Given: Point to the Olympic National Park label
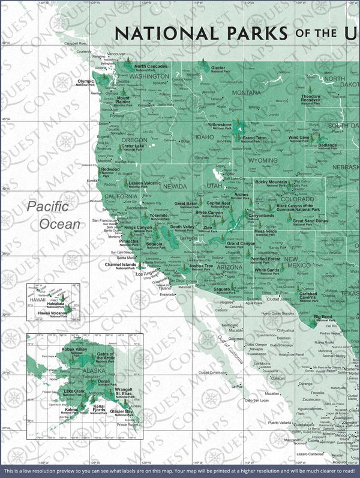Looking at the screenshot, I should pyautogui.click(x=85, y=82).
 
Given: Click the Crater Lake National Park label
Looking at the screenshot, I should pyautogui.click(x=132, y=147).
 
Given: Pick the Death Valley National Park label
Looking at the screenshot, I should pyautogui.click(x=182, y=228).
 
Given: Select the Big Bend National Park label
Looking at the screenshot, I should pyautogui.click(x=323, y=317).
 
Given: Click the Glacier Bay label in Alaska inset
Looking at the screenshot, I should pyautogui.click(x=122, y=413).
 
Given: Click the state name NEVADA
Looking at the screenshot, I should pyautogui.click(x=175, y=186).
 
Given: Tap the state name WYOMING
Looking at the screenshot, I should pyautogui.click(x=263, y=160).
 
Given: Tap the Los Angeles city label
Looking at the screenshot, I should pyautogui.click(x=149, y=274).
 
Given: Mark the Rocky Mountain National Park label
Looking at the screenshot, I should pyautogui.click(x=271, y=183).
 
